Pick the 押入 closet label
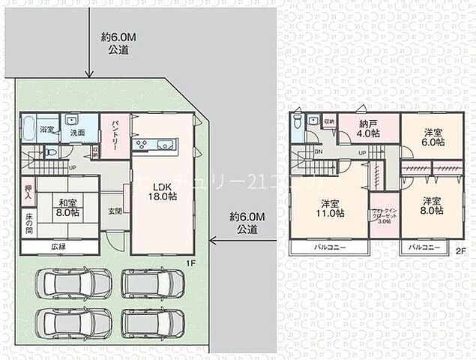point(27,193)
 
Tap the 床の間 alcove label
point(27,226)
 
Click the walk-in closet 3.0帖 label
point(384,215)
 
